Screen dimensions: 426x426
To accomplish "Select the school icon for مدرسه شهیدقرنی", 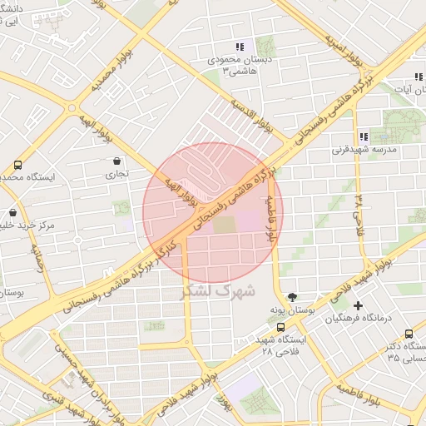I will point(363,136).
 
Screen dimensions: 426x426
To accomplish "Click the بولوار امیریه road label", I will point(344,52).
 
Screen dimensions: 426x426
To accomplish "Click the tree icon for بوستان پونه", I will point(292,296).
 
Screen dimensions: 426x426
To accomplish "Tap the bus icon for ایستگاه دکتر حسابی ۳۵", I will point(409,334).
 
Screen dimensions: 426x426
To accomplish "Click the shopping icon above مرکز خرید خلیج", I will point(12,212).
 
